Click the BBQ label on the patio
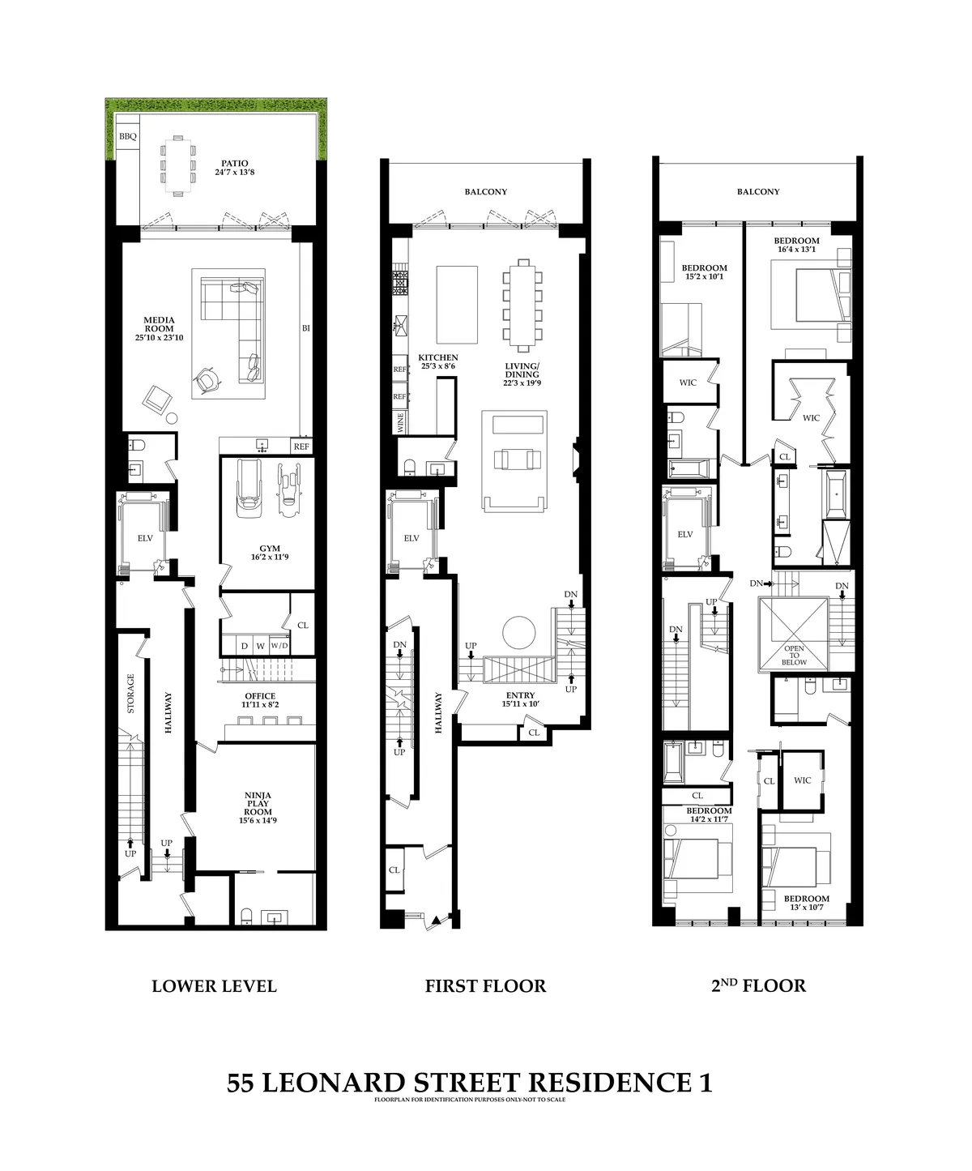click(x=128, y=137)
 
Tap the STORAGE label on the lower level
click(x=130, y=694)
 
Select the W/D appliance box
click(x=278, y=646)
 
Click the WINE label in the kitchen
click(x=399, y=421)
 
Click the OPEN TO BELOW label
click(x=794, y=656)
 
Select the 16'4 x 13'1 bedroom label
click(x=796, y=245)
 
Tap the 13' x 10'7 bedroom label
click(x=806, y=903)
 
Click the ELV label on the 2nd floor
click(x=685, y=534)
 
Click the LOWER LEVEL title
click(x=215, y=986)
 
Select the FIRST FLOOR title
click(x=485, y=986)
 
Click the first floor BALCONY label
click(x=486, y=192)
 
